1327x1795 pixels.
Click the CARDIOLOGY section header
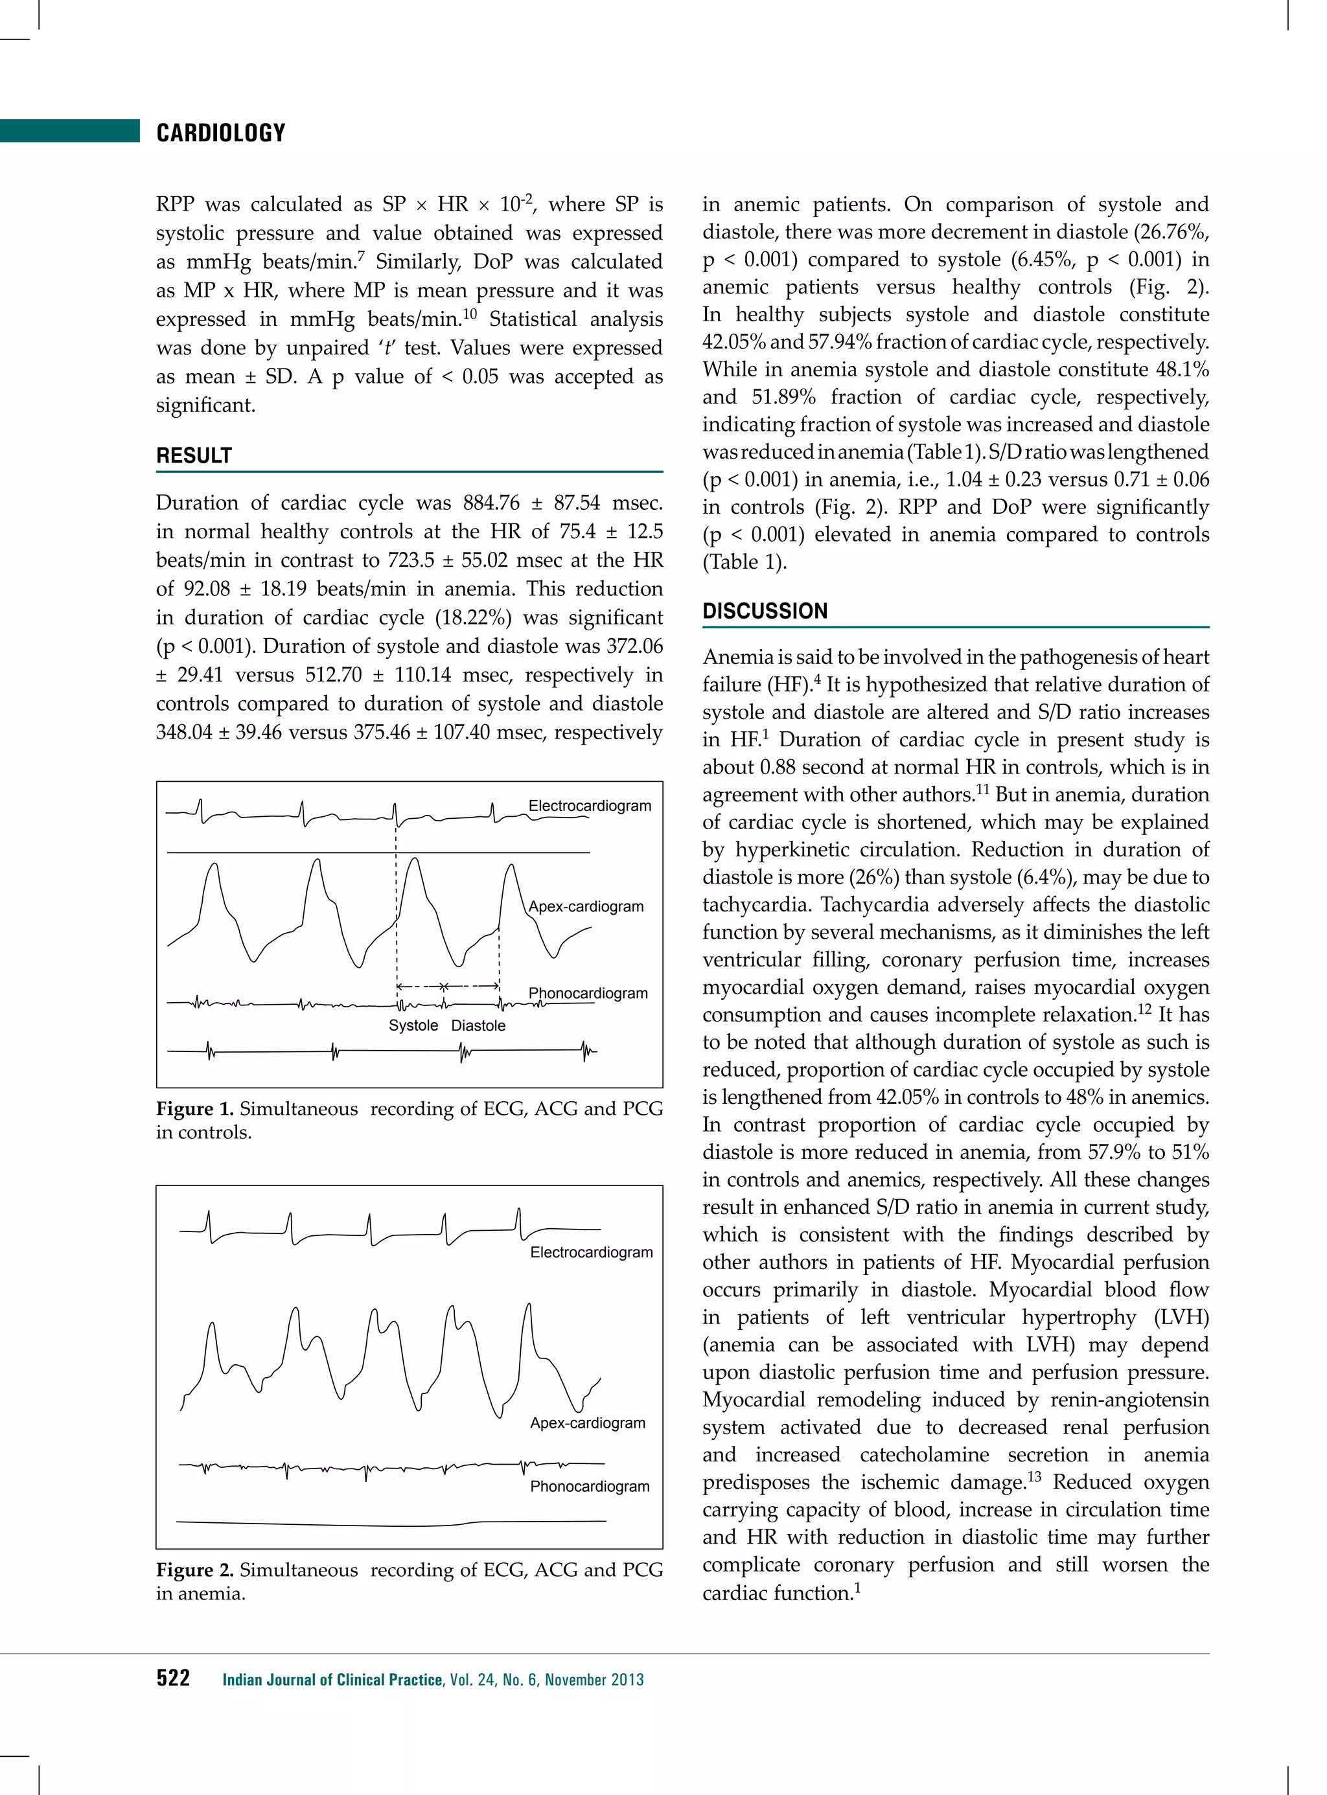pyautogui.click(x=221, y=133)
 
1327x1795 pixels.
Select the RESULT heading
pyautogui.click(x=194, y=455)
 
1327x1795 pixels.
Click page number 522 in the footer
pyautogui.click(x=173, y=1678)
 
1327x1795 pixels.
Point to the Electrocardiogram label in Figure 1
pyautogui.click(x=590, y=806)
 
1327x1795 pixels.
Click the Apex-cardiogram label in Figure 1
pyautogui.click(x=586, y=906)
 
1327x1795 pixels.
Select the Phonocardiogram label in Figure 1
pyautogui.click(x=588, y=992)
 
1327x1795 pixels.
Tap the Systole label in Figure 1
pyautogui.click(x=413, y=1025)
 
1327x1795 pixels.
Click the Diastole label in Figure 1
pyautogui.click(x=478, y=1025)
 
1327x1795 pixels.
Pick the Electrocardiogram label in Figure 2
pyautogui.click(x=591, y=1252)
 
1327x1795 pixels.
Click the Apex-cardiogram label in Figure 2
pyautogui.click(x=587, y=1423)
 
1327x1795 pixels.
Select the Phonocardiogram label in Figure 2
pyautogui.click(x=590, y=1486)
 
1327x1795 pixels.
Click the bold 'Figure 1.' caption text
pyautogui.click(x=194, y=1109)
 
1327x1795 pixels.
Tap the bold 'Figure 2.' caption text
pyautogui.click(x=194, y=1570)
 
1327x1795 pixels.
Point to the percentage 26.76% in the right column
pyautogui.click(x=1170, y=232)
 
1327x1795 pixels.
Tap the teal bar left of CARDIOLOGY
pyautogui.click(x=70, y=131)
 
